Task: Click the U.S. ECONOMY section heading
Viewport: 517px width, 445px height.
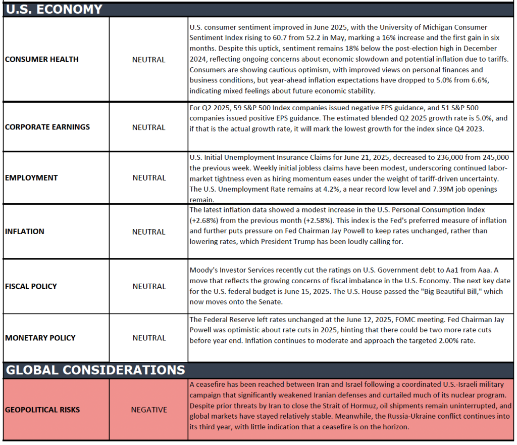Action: click(54, 9)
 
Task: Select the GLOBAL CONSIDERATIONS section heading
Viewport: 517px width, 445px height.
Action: click(95, 370)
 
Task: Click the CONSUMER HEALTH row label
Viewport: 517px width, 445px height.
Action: click(42, 59)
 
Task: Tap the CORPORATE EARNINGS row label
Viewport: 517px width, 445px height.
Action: click(47, 127)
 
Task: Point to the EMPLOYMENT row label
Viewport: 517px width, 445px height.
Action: click(31, 177)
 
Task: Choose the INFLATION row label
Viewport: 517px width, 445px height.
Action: click(25, 231)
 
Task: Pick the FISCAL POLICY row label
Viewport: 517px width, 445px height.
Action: click(31, 286)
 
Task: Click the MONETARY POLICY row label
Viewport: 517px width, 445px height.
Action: click(40, 338)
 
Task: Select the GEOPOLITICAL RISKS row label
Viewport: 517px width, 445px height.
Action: click(42, 410)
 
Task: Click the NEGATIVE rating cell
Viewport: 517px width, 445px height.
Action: click(149, 410)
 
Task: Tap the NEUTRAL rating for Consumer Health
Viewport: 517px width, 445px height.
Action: click(149, 60)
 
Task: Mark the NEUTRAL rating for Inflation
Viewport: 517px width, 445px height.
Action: click(149, 232)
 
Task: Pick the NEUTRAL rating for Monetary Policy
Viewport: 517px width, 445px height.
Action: click(149, 338)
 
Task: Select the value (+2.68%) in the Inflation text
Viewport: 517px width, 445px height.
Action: click(207, 220)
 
